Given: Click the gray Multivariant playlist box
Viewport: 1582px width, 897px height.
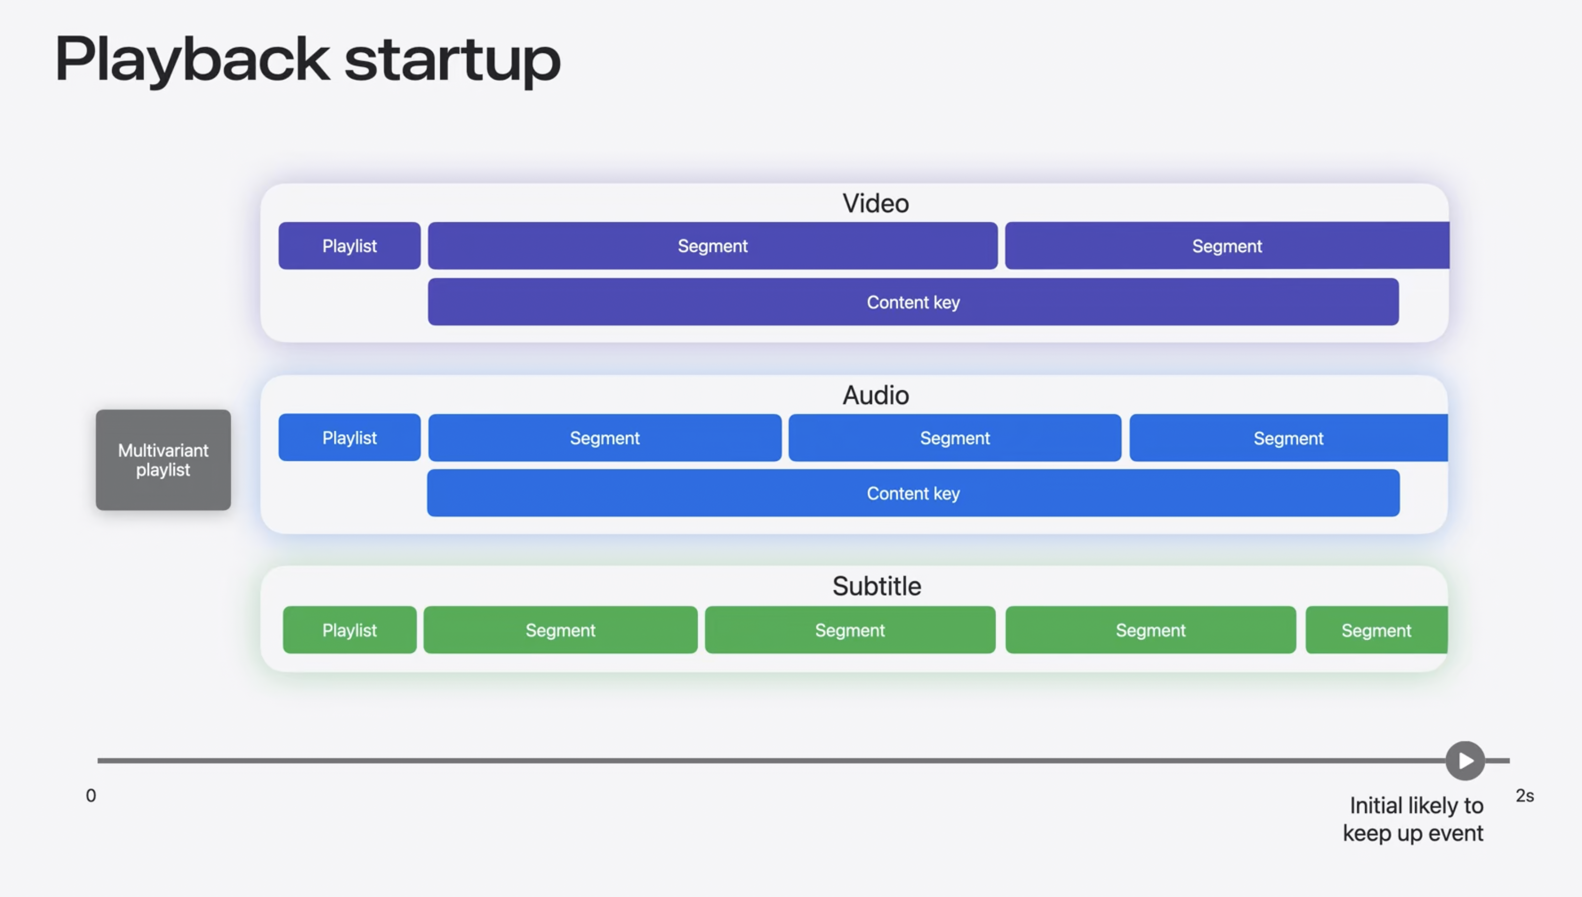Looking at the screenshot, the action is tap(163, 459).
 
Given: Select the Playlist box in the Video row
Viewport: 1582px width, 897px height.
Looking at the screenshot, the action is tap(349, 246).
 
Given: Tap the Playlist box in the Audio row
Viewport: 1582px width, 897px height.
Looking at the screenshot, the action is tap(349, 438).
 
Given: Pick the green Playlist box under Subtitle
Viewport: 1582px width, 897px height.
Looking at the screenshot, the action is tap(349, 630).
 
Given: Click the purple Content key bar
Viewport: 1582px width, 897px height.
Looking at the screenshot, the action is tap(913, 302).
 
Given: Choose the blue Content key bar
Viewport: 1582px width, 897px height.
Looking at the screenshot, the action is tap(913, 493).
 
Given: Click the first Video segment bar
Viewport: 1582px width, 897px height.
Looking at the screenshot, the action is tap(713, 246).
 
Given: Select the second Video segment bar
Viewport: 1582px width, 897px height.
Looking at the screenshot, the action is tap(1227, 246).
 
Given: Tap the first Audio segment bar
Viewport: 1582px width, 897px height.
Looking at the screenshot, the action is tap(605, 438).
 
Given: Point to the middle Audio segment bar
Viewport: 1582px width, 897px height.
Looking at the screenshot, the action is tap(955, 438).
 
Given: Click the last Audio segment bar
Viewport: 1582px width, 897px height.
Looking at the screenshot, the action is tap(1289, 438).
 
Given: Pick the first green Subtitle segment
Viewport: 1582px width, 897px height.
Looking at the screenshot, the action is tap(561, 630).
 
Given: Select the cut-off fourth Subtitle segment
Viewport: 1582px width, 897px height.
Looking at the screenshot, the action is tap(1377, 630).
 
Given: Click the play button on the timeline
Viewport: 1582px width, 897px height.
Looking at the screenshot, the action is tap(1465, 760).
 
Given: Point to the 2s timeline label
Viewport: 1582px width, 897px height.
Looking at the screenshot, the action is tap(1525, 795).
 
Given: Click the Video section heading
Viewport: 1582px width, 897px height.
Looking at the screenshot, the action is tap(875, 204).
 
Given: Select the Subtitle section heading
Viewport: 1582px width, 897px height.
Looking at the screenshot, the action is tap(876, 586).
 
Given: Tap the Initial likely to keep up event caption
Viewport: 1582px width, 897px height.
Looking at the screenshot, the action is tap(1413, 819).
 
